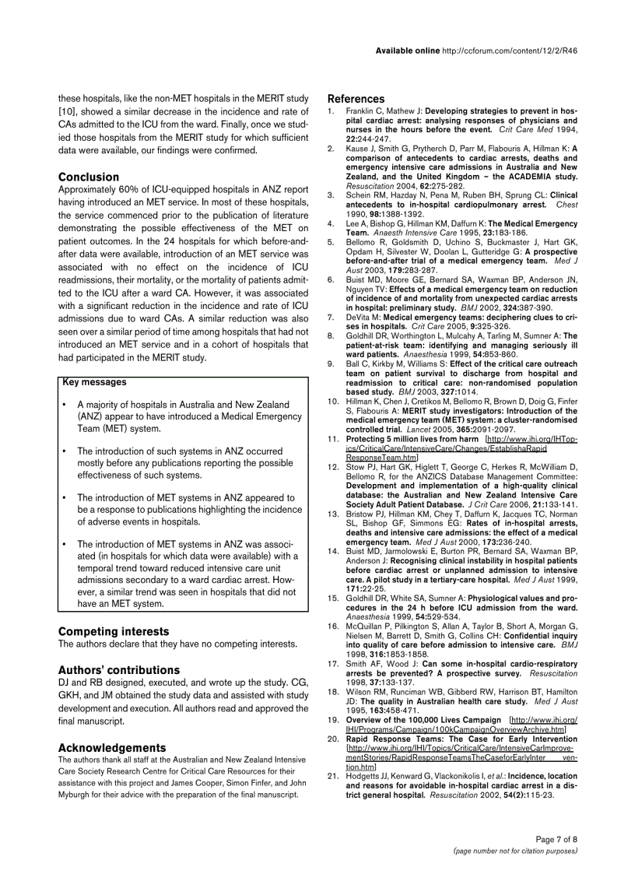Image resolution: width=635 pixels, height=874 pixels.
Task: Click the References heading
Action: pyautogui.click(x=356, y=99)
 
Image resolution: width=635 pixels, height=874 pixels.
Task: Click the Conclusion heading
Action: pyautogui.click(x=89, y=177)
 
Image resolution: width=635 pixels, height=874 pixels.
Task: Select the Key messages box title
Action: pyautogui.click(x=93, y=382)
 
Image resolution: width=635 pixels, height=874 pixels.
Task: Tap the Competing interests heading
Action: pyautogui.click(x=114, y=631)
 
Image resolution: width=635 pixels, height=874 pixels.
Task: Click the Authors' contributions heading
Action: pyautogui.click(x=119, y=670)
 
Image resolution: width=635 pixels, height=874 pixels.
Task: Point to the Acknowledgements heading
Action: pyautogui.click(x=112, y=747)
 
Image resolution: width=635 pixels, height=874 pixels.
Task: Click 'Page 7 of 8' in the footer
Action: pyautogui.click(x=556, y=839)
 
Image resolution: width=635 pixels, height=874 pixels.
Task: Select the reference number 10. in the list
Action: pyautogui.click(x=332, y=401)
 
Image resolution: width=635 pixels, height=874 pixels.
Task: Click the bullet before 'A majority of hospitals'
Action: pyautogui.click(x=64, y=405)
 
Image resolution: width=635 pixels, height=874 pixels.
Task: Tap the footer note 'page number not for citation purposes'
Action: pyautogui.click(x=515, y=851)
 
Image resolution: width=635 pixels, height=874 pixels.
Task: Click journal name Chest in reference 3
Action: pyautogui.click(x=566, y=205)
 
